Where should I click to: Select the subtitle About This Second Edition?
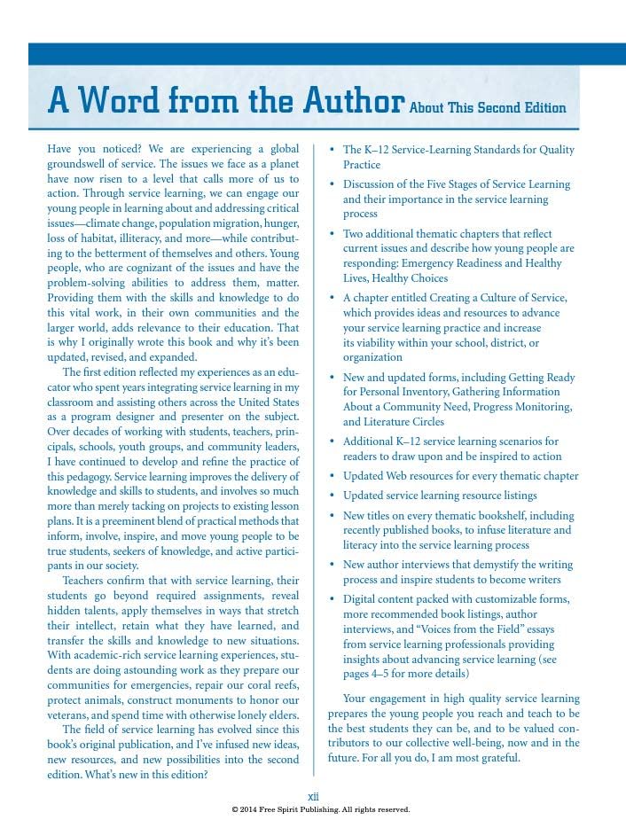click(x=488, y=108)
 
